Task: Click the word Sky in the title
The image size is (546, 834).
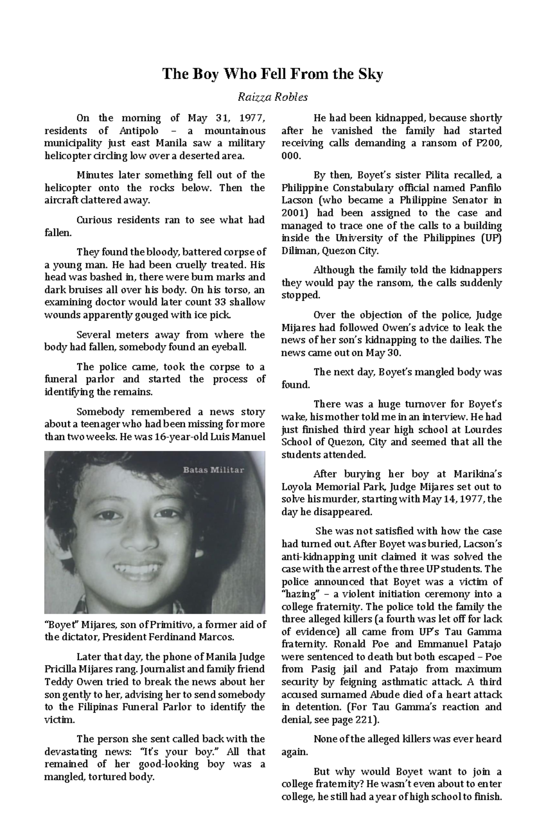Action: point(371,74)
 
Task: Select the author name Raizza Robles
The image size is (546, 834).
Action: point(273,97)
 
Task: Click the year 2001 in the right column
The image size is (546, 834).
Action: point(291,213)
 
